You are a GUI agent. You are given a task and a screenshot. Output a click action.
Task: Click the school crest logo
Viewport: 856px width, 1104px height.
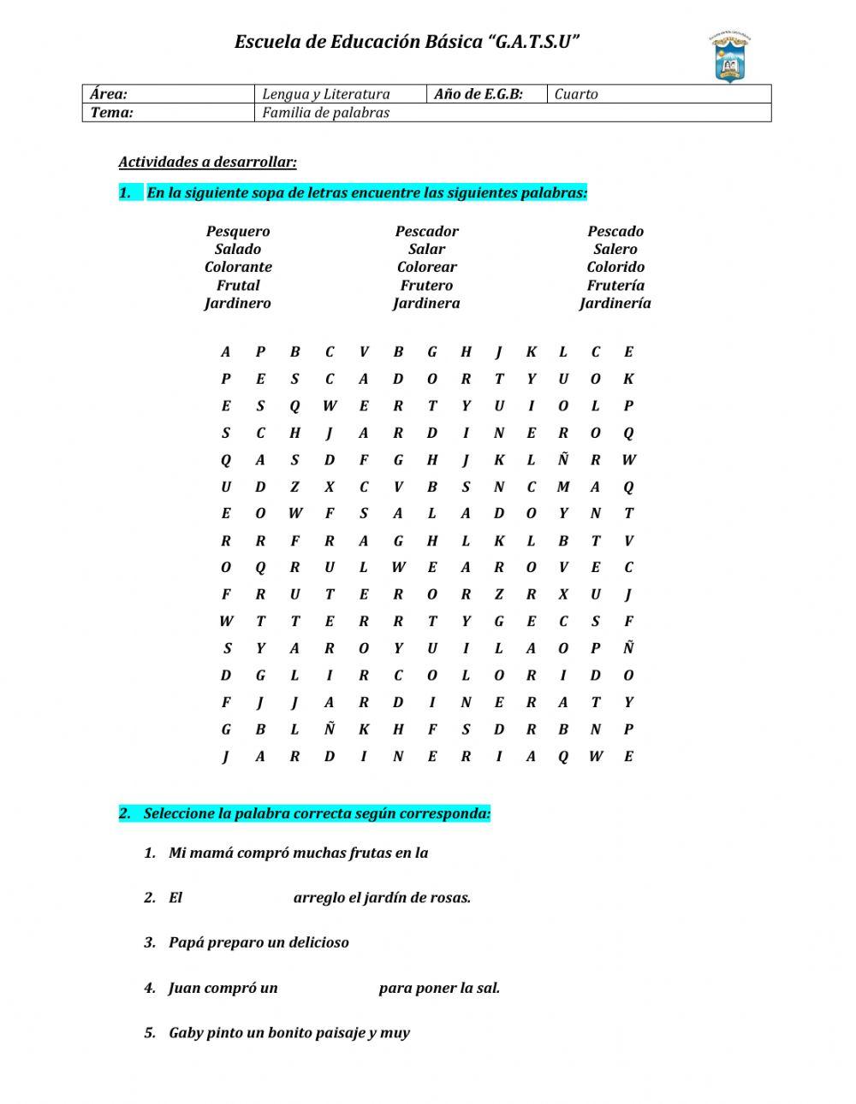(x=730, y=58)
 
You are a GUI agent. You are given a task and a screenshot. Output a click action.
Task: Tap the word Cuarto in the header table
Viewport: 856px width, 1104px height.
(x=576, y=94)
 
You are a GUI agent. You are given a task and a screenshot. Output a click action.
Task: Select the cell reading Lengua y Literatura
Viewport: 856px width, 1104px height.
(x=325, y=94)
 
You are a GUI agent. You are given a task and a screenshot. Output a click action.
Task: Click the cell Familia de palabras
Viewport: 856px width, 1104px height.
(x=325, y=112)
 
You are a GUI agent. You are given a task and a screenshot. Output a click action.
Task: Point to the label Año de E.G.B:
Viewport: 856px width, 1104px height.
(x=478, y=94)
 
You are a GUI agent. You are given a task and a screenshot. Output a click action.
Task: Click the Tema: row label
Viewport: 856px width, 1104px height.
(x=112, y=112)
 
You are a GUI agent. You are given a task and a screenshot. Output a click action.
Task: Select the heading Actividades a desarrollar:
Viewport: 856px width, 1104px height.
(x=207, y=162)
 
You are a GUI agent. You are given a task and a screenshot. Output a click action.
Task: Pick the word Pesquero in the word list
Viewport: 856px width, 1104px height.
(x=238, y=231)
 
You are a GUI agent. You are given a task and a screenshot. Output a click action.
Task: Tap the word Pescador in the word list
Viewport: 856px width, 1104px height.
(x=426, y=231)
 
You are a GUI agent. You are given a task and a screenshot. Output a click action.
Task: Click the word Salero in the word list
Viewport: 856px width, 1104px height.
(x=615, y=249)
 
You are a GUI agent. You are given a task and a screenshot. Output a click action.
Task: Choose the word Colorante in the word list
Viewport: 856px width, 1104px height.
(x=238, y=267)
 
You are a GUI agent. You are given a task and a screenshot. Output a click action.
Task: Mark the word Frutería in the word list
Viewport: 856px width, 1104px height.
(x=615, y=285)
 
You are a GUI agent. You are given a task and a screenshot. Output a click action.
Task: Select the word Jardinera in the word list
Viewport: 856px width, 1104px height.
(x=426, y=303)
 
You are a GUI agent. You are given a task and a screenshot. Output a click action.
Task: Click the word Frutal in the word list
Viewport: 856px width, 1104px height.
(x=238, y=285)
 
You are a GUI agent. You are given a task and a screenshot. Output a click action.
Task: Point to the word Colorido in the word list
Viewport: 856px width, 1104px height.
(x=615, y=267)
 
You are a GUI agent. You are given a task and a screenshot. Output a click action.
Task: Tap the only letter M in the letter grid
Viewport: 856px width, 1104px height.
(x=562, y=487)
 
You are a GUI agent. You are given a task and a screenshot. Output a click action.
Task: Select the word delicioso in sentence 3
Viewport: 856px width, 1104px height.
(x=318, y=942)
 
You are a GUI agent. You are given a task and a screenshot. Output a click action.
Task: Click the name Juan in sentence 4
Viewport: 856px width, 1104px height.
(x=184, y=988)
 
